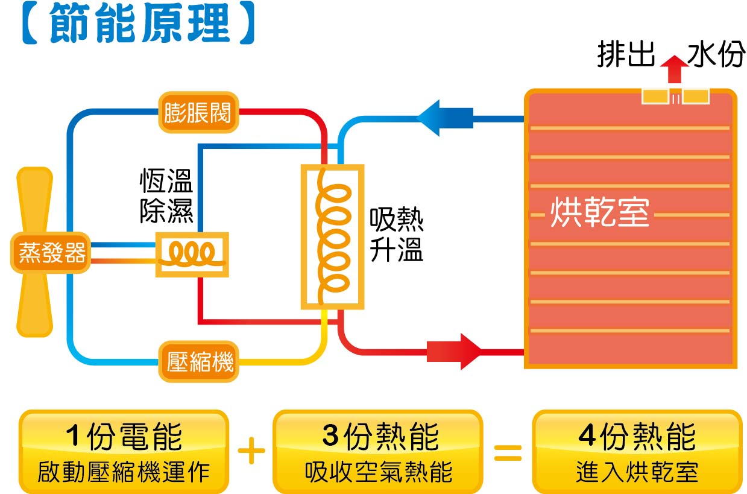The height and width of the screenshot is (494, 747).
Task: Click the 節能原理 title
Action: [x=137, y=24]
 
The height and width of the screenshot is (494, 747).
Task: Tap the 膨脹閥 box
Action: [x=198, y=112]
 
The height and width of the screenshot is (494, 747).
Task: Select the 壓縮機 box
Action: [x=198, y=362]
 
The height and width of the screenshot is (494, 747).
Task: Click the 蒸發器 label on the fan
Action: [x=51, y=253]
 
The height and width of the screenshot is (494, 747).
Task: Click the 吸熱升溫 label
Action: [x=396, y=236]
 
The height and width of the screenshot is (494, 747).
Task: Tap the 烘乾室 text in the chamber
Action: [x=599, y=213]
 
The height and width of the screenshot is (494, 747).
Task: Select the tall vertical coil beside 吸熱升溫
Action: [x=332, y=237]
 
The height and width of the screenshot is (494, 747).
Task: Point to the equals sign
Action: [x=507, y=452]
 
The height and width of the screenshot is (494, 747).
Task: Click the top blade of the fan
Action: [x=34, y=199]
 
